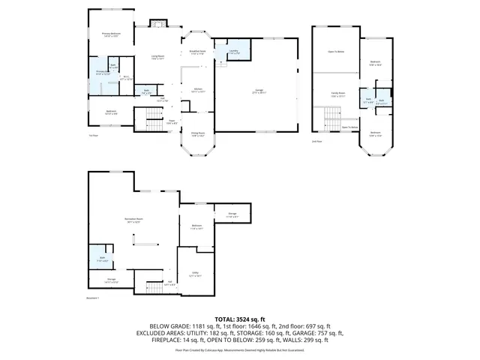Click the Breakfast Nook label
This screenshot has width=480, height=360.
(198, 52)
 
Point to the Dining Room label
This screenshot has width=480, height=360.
(198, 136)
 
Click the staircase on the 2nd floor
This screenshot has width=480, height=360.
(331, 118)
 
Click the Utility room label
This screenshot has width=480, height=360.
(194, 274)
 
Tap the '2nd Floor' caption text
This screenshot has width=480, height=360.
(317, 141)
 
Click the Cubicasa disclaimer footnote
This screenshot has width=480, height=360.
(239, 349)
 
